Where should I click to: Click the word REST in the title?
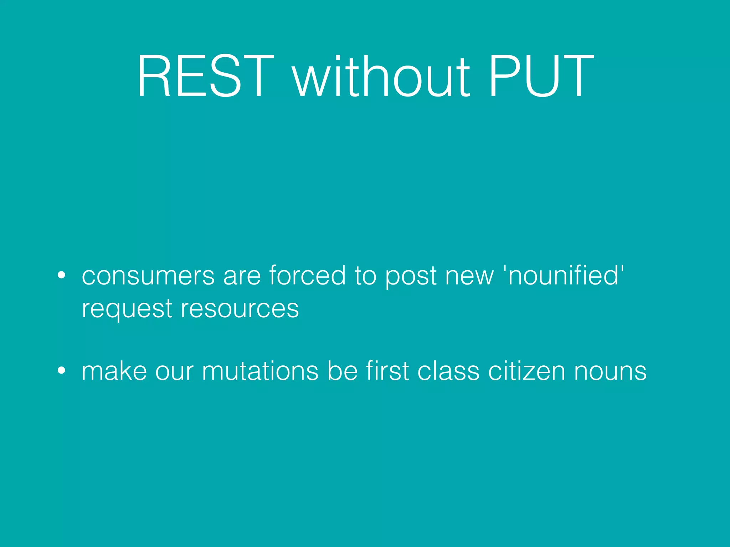[x=205, y=75]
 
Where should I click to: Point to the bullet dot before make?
[x=62, y=371]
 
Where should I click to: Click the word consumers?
[x=148, y=276]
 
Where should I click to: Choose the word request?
[x=127, y=309]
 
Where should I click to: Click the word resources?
[x=240, y=309]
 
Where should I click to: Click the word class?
[x=448, y=371]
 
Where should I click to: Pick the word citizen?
[x=526, y=371]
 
